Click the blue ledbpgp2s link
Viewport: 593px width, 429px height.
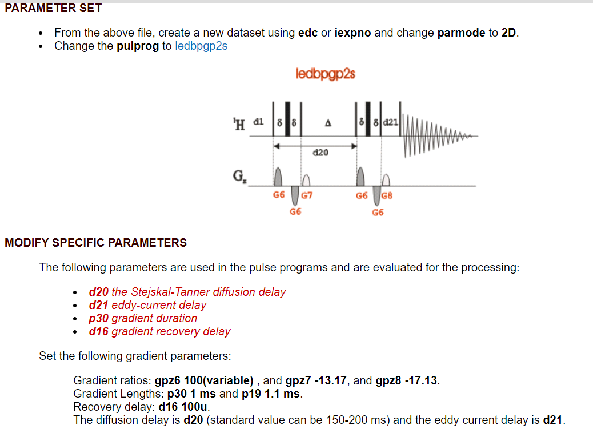pos(201,46)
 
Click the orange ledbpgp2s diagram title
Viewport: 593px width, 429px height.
pos(325,73)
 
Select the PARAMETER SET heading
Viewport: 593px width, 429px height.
pos(53,8)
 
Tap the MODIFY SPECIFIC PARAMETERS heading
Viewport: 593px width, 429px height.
pos(95,243)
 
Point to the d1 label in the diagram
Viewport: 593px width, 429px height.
pos(258,122)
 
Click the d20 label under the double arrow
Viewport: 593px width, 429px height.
pos(320,153)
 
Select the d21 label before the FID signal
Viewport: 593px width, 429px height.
pos(391,122)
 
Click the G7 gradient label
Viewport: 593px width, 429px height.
pos(307,195)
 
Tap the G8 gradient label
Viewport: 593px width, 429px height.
pos(387,195)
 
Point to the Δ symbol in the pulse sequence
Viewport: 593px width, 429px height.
pos(328,123)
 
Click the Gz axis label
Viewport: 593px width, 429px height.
pos(239,177)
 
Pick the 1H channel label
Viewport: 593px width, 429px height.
pos(239,124)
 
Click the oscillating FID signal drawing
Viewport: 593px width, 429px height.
pos(439,135)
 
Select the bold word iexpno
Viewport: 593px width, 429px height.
pos(352,33)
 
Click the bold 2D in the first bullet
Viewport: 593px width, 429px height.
pos(508,33)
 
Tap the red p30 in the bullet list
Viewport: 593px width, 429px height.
pos(99,319)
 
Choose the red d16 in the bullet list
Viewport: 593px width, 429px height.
pos(99,331)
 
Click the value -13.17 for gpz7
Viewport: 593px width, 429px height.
pos(330,380)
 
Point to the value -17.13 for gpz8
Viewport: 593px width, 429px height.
pos(420,380)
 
